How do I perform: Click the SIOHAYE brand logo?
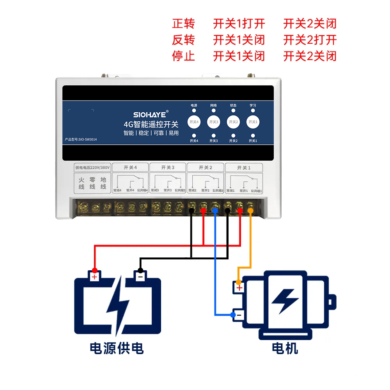[150, 115]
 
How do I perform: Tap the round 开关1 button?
[253, 122]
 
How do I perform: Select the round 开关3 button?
[213, 122]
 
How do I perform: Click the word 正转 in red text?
[183, 24]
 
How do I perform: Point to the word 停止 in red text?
[183, 56]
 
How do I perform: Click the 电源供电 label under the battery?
[117, 348]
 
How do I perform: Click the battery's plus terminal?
[94, 277]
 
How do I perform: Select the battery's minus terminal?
[140, 277]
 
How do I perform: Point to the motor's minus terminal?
[239, 315]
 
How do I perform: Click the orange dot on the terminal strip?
[250, 211]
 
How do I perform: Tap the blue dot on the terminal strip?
[215, 211]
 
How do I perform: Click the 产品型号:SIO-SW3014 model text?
[81, 139]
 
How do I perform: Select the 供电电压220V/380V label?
[92, 167]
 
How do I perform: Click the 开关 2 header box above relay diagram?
[205, 167]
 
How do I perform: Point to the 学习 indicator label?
[253, 105]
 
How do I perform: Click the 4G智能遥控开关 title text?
[151, 124]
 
